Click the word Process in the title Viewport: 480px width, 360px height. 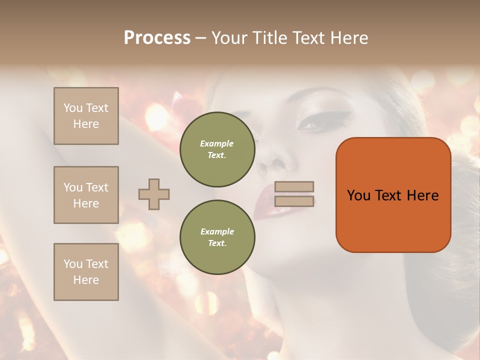(x=157, y=38)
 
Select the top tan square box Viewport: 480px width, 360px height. (x=86, y=116)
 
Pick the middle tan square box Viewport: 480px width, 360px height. (x=86, y=195)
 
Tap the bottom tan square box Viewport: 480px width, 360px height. (x=86, y=271)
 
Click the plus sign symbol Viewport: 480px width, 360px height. (x=154, y=194)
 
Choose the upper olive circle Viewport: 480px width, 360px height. (x=217, y=149)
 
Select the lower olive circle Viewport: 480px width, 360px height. (x=217, y=237)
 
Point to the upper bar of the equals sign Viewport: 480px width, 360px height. (x=294, y=187)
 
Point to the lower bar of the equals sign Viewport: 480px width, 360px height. (x=294, y=201)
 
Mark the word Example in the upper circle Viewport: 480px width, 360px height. (x=217, y=143)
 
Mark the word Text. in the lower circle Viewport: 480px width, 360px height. (x=217, y=243)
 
